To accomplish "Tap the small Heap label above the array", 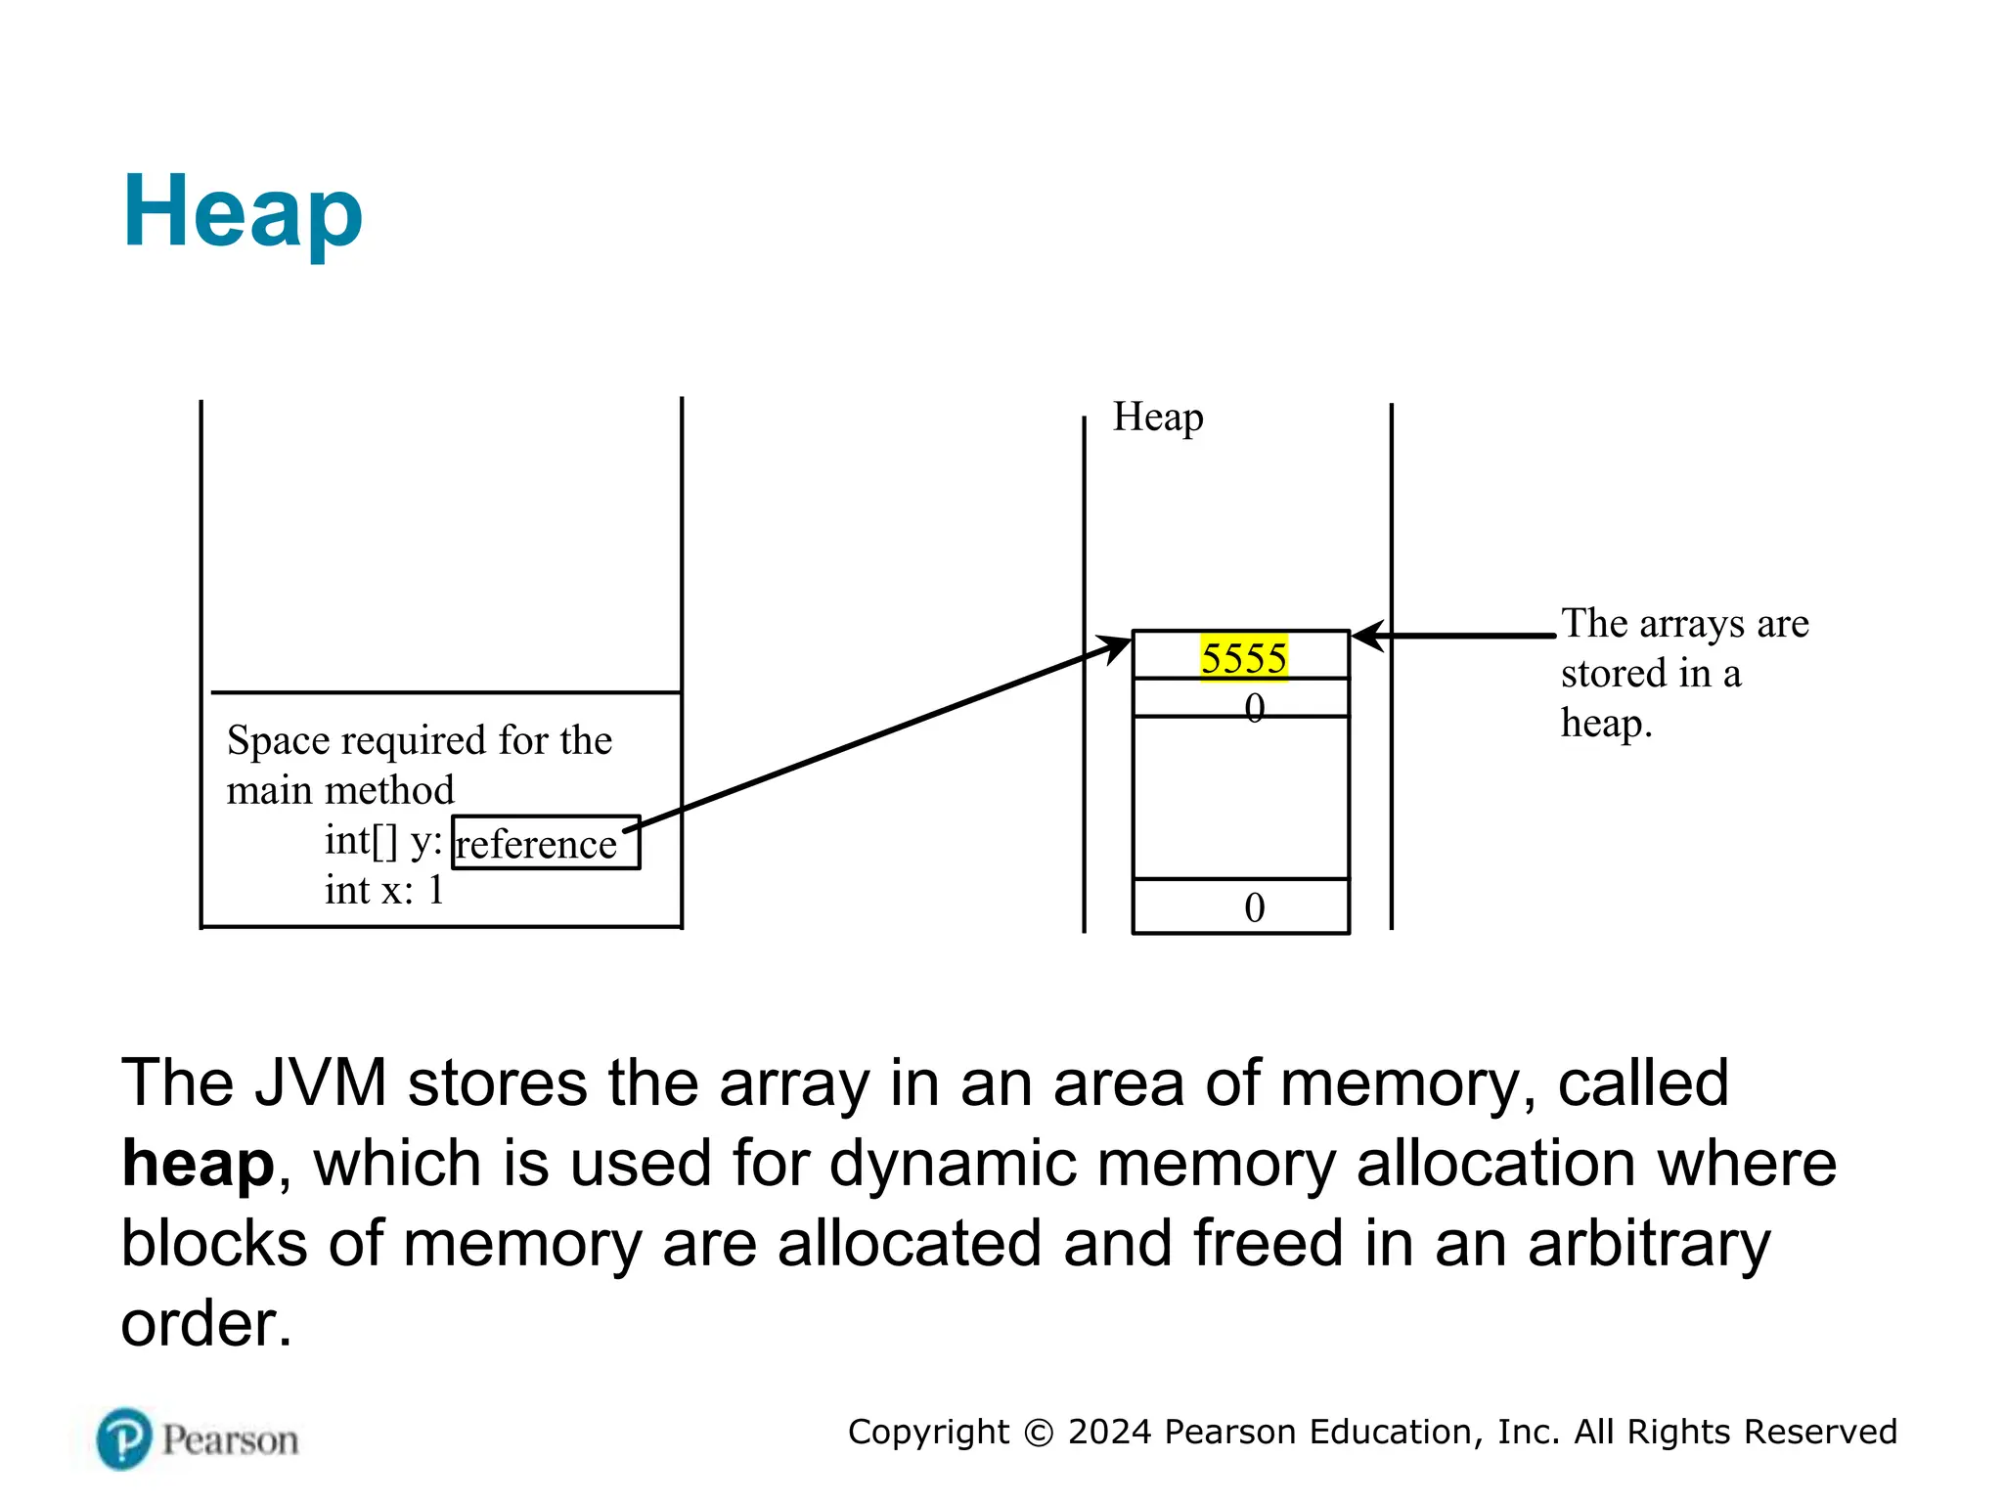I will [x=1158, y=418].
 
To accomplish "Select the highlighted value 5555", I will [x=1243, y=658].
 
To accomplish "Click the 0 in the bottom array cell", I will [x=1255, y=908].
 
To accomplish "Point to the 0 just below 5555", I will [x=1255, y=706].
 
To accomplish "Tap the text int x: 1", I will [x=384, y=891].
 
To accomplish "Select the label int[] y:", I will [x=383, y=841].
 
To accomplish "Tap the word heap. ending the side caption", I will [x=1606, y=725].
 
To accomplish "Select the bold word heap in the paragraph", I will [x=198, y=1165].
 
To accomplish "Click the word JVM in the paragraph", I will [x=320, y=1083].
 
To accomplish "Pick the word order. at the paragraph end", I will [x=206, y=1325].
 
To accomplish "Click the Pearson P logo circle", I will [x=124, y=1438].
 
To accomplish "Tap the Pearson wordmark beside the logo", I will [x=230, y=1440].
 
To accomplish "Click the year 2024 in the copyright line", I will [x=1109, y=1432].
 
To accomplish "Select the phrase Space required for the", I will [x=420, y=741].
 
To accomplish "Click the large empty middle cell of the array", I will [x=1240, y=797].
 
